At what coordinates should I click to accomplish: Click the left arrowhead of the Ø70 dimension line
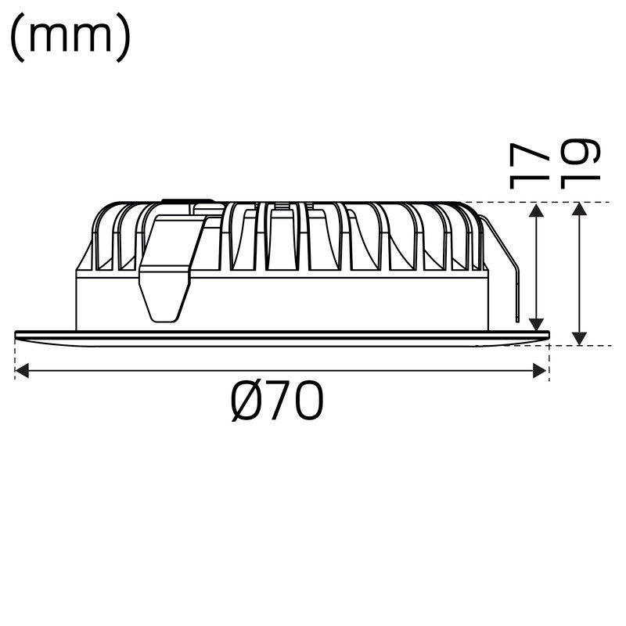[x=22, y=370]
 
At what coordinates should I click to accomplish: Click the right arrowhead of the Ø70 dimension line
[x=539, y=370]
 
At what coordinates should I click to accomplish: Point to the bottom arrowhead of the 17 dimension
[x=537, y=323]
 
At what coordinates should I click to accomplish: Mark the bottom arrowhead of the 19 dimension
[x=579, y=337]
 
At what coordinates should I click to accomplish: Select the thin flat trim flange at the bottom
[x=282, y=337]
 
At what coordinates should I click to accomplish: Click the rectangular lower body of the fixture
[x=313, y=301]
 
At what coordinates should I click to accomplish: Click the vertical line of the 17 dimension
[x=537, y=266]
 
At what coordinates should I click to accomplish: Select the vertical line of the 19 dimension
[x=579, y=274]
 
